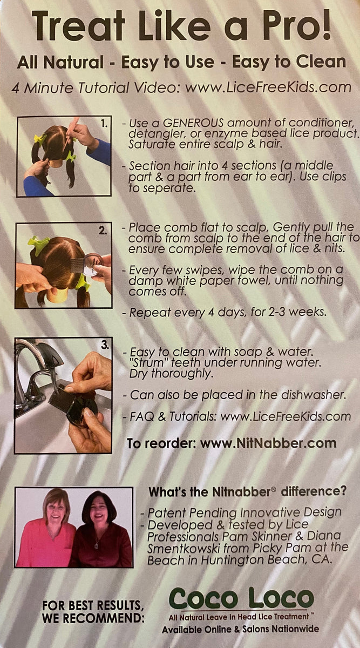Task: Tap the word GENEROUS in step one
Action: (193, 123)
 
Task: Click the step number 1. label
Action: (104, 124)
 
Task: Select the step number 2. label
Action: (103, 231)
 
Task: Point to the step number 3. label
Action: (105, 345)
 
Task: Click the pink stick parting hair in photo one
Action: (72, 133)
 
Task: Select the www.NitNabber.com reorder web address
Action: (268, 443)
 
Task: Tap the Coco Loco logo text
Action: (241, 598)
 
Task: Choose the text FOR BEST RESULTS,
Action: (93, 605)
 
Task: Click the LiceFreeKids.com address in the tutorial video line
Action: (268, 87)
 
